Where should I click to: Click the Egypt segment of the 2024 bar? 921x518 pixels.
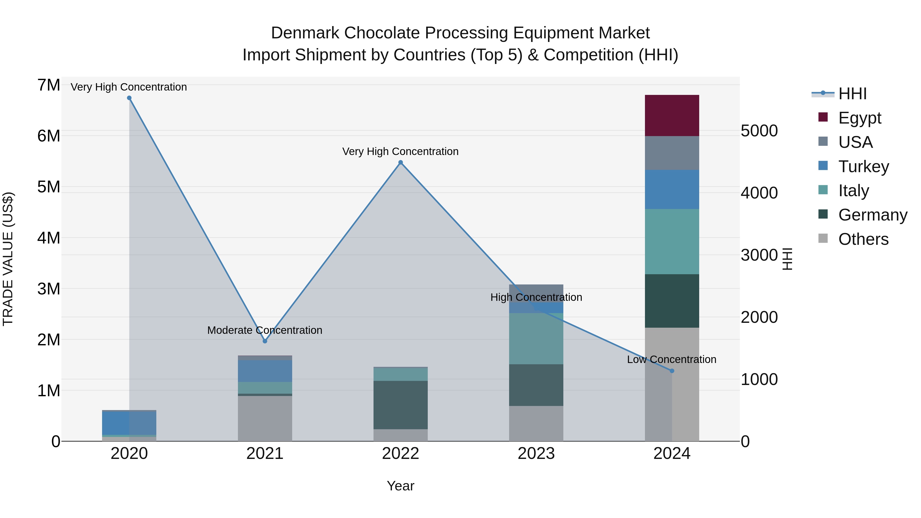pyautogui.click(x=672, y=115)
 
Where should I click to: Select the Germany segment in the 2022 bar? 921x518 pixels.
pyautogui.click(x=400, y=405)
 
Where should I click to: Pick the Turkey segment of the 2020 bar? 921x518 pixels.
pyautogui.click(x=129, y=423)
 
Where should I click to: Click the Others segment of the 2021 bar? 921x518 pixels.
pyautogui.click(x=265, y=418)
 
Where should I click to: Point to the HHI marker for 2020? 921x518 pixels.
pyautogui.click(x=129, y=98)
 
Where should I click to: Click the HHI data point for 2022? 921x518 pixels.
pyautogui.click(x=400, y=162)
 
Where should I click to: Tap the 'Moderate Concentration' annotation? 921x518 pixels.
pyautogui.click(x=265, y=330)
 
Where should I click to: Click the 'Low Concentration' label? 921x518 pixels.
pyautogui.click(x=672, y=359)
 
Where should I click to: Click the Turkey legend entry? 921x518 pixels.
pyautogui.click(x=863, y=166)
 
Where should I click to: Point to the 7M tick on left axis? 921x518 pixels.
pyautogui.click(x=49, y=85)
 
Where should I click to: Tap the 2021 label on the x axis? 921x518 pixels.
pyautogui.click(x=265, y=453)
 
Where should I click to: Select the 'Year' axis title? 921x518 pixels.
pyautogui.click(x=400, y=486)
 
